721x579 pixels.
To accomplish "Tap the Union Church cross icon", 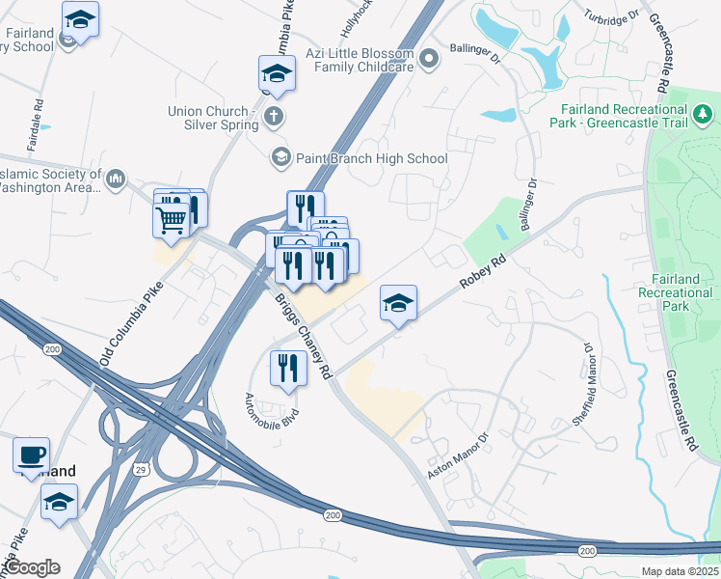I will [x=274, y=118].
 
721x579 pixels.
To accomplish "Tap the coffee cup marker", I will [x=31, y=454].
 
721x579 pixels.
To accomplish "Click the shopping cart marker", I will [x=172, y=219].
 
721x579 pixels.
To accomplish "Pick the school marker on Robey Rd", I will [x=398, y=304].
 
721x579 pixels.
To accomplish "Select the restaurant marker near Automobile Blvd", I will [x=287, y=368].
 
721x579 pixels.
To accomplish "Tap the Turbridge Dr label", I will [x=611, y=16].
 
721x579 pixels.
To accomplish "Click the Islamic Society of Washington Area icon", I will [x=117, y=179].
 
